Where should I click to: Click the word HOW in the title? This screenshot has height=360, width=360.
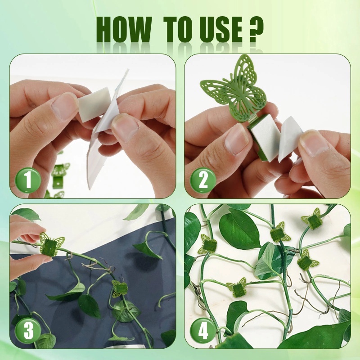[x=124, y=29]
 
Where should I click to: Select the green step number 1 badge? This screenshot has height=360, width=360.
[x=28, y=180]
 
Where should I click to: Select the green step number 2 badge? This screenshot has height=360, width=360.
[x=203, y=180]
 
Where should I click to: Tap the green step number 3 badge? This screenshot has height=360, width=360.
[x=28, y=331]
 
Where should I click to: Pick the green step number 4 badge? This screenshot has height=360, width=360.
[x=203, y=331]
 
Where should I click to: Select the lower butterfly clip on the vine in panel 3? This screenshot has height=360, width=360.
[x=120, y=288]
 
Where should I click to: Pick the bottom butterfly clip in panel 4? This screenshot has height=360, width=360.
[x=237, y=288]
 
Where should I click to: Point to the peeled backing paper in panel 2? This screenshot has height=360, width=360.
[x=290, y=139]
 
